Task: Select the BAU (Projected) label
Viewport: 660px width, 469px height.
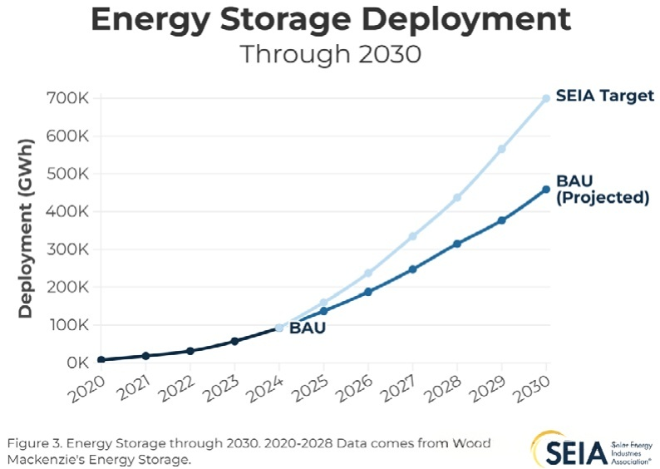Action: (x=602, y=189)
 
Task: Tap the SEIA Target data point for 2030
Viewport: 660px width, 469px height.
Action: (x=546, y=98)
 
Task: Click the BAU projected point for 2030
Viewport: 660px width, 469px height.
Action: (x=546, y=190)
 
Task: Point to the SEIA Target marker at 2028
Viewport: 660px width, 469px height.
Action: (x=457, y=198)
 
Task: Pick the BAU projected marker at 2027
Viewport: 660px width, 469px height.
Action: (x=413, y=269)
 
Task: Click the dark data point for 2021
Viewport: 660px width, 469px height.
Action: (x=145, y=356)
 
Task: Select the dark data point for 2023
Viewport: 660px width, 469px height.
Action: (x=235, y=341)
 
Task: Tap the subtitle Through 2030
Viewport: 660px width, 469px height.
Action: (x=329, y=54)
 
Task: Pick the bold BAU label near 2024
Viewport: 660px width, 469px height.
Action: (x=307, y=328)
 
